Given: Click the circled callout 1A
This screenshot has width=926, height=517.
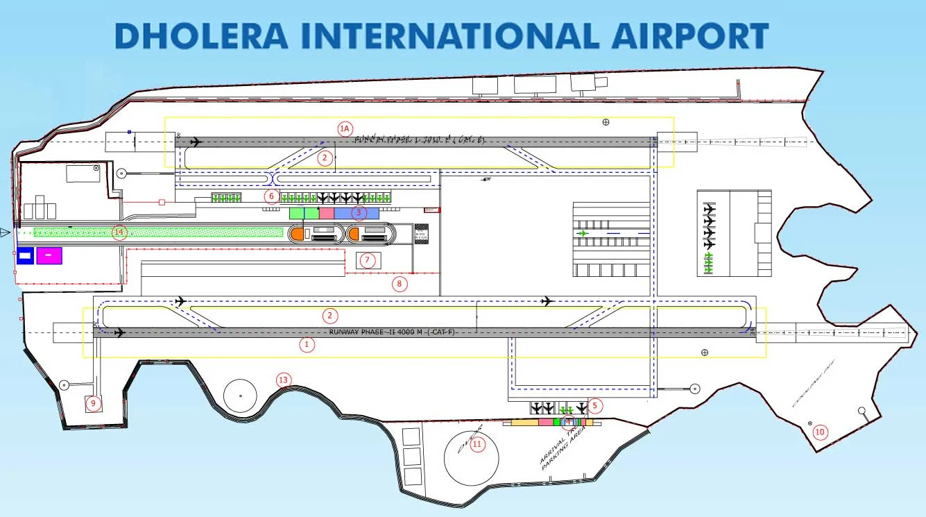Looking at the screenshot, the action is tap(345, 128).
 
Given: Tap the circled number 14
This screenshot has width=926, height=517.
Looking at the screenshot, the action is tap(120, 232).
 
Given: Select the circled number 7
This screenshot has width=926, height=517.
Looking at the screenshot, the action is tap(368, 261).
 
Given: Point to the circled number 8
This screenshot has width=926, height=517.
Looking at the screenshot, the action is tap(399, 283).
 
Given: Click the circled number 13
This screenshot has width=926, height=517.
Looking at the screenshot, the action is tap(283, 380).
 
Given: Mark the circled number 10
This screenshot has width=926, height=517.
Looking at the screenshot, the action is tap(820, 432).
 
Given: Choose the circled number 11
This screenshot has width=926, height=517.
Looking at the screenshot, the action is tap(477, 445).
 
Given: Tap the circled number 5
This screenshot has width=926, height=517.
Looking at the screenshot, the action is tap(594, 405).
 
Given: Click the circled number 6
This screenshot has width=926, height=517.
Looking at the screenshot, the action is tap(272, 196).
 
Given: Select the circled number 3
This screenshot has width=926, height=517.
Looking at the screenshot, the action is tap(359, 212).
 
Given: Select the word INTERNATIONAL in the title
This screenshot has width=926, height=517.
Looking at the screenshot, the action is tap(445, 36).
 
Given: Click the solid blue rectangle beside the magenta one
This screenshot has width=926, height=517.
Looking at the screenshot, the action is tap(25, 256).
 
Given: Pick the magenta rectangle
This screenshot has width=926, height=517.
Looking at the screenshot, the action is tap(49, 256).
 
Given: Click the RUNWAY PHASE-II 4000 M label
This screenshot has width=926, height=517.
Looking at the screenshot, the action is tap(392, 332).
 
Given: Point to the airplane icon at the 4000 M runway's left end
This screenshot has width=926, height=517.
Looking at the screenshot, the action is tap(120, 333).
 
